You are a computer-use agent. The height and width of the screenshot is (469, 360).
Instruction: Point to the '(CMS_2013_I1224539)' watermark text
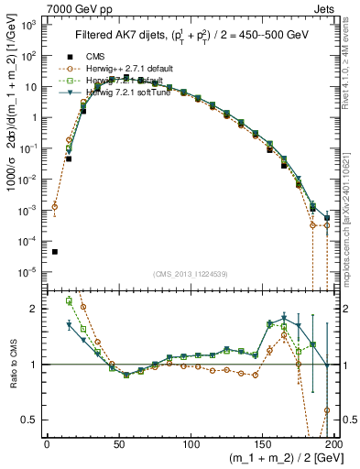pyautogui.click(x=190, y=275)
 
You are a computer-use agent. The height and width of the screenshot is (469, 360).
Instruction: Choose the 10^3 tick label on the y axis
pyautogui.click(x=28, y=25)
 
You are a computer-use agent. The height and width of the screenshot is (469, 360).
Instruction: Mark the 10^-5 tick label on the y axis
pyautogui.click(x=28, y=271)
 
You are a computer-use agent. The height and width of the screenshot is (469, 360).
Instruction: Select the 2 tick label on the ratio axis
pyautogui.click(x=37, y=309)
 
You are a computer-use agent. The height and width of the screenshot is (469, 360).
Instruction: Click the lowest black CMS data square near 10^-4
pyautogui.click(x=55, y=252)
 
